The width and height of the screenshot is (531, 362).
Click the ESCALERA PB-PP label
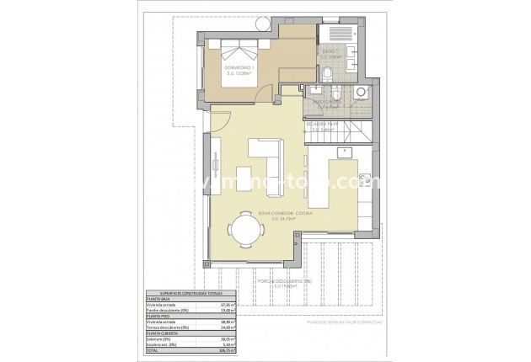[x=325, y=127]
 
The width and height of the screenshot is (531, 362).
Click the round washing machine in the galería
[x=360, y=93]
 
